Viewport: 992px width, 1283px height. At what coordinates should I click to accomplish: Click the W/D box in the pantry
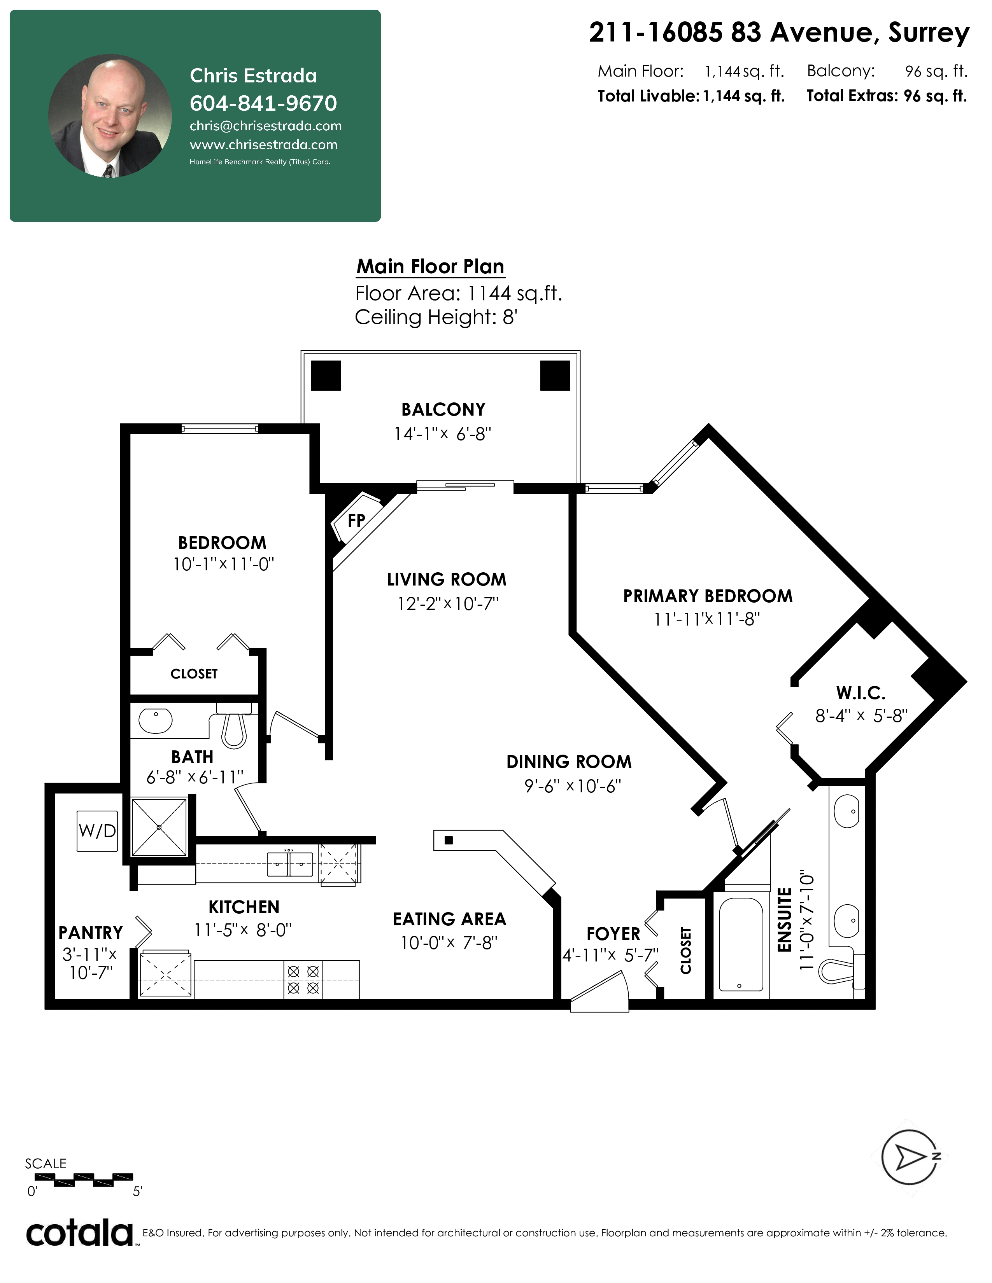97,831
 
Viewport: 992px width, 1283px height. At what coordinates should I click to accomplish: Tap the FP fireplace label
356,521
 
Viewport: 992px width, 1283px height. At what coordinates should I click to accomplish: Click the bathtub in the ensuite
741,945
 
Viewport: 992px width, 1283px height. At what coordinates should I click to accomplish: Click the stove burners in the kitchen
303,979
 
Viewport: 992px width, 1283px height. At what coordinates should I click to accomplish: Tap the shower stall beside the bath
159,827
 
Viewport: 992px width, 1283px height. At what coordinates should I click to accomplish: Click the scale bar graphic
84,1177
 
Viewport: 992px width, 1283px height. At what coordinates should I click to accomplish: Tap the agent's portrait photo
110,116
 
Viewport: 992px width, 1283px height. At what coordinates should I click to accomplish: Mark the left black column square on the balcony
326,376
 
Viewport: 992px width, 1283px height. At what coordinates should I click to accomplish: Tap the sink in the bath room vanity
156,721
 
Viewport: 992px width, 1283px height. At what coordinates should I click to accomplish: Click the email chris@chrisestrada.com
266,126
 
